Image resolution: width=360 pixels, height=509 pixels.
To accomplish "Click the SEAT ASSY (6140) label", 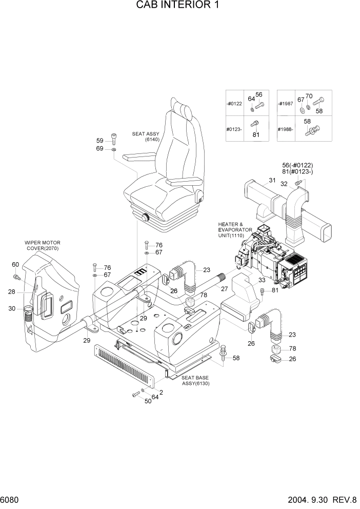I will coord(147,136).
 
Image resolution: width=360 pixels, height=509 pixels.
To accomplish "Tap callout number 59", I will coord(100,141).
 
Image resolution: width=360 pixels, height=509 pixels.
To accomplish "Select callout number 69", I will coord(100,148).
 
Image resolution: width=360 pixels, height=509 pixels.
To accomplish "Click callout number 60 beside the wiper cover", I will coord(15,264).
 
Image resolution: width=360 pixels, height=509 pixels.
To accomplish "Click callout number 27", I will coord(224,289).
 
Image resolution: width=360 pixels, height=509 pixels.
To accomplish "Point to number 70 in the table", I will coord(309,96).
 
